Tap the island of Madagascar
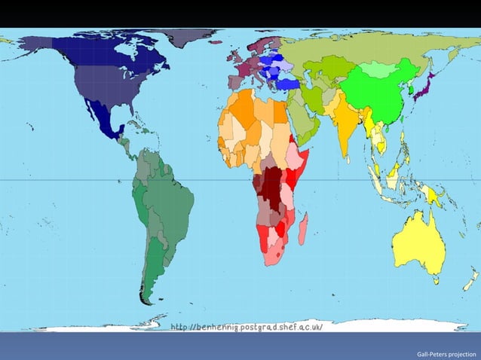tap(302, 227)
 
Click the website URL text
tap(247, 328)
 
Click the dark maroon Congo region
tap(269, 184)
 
